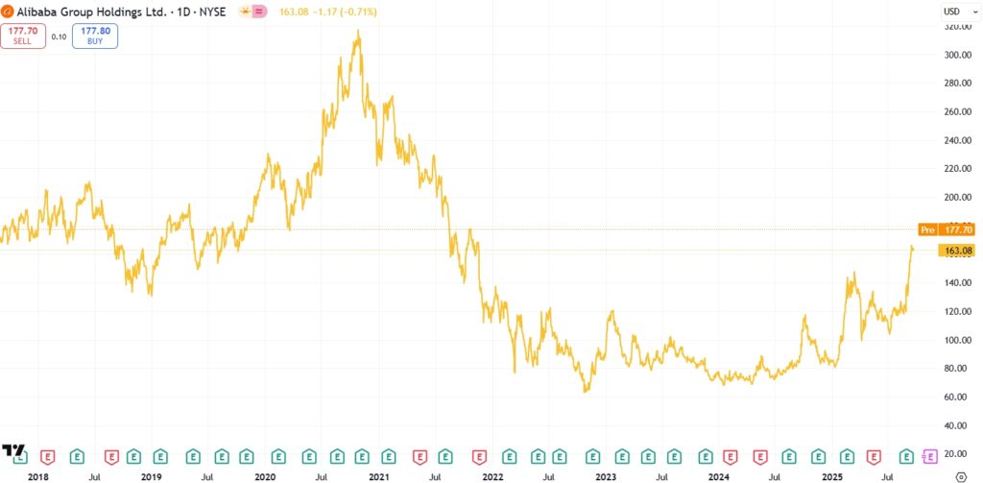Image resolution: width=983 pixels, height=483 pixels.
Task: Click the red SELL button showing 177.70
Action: [22, 36]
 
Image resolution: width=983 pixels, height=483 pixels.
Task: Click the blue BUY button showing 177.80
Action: [95, 36]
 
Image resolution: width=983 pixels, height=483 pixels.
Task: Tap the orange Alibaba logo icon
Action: [8, 12]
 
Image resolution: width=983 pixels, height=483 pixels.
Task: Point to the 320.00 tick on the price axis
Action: [956, 27]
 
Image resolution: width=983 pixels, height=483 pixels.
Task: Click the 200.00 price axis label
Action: [956, 198]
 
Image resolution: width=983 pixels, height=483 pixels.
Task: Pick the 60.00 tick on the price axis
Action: [956, 397]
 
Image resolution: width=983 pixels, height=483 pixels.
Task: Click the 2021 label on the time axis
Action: [379, 475]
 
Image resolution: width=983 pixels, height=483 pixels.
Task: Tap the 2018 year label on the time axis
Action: [38, 475]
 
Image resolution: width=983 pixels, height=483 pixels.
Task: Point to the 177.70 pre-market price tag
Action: [960, 229]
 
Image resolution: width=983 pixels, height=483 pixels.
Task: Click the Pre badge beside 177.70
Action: [927, 229]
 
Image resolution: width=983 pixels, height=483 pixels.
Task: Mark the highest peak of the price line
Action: [358, 31]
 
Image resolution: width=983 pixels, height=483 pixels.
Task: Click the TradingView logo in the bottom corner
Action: [13, 451]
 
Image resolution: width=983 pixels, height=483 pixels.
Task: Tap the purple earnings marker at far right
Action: [929, 455]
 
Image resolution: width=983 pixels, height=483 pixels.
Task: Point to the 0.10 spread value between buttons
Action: [59, 36]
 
